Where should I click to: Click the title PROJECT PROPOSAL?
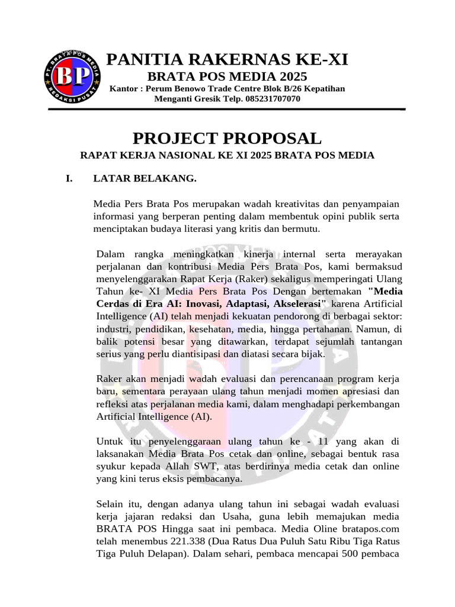(x=227, y=138)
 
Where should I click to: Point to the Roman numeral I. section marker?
(x=69, y=177)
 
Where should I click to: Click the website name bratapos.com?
(x=371, y=529)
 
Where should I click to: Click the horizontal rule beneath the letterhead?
(x=227, y=110)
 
